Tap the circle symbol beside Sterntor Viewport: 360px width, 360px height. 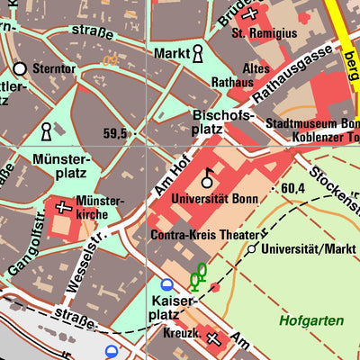coord(20,67)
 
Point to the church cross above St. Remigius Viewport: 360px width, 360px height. coord(252,13)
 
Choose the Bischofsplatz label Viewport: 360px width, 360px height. coord(224,122)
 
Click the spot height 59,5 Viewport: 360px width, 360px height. coord(115,133)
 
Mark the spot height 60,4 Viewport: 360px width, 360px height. coord(293,188)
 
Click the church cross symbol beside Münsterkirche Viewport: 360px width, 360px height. coord(62,208)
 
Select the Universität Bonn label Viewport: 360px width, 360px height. coord(213,197)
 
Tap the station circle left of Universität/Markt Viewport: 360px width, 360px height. coord(253,247)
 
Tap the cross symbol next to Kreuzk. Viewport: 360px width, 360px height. coord(213,339)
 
